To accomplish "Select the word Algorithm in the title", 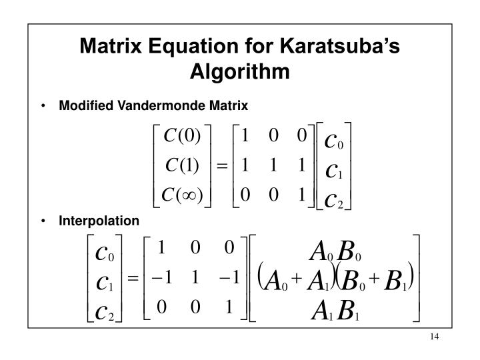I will click(x=239, y=70).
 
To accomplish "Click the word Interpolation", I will click(x=99, y=221).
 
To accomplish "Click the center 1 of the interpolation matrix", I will click(x=195, y=277).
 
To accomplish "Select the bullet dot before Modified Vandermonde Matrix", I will click(x=44, y=105).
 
